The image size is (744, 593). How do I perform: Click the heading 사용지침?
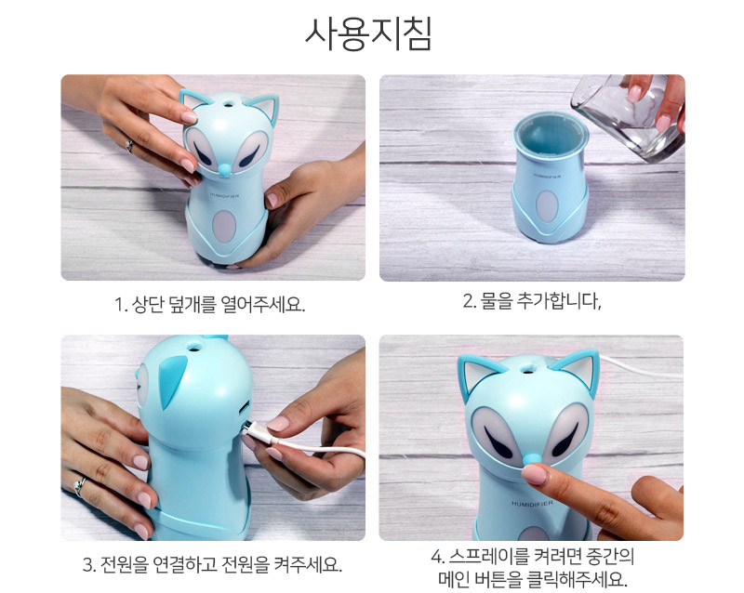coord(368,33)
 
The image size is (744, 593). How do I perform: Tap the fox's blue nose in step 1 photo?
coord(224,167)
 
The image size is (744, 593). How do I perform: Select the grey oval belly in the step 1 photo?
coord(224,226)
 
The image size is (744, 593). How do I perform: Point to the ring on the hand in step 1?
coord(129,146)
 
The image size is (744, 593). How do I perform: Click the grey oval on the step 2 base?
coord(547,207)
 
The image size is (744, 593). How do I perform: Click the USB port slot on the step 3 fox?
coord(245,407)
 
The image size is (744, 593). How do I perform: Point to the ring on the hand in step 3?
coord(79,485)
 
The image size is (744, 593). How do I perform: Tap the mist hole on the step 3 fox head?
coord(194,349)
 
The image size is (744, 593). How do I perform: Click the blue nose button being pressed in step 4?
coord(531,458)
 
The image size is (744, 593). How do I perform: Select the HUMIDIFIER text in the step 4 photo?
coord(532,503)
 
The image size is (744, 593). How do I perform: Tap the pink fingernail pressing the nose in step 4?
coord(534,474)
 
